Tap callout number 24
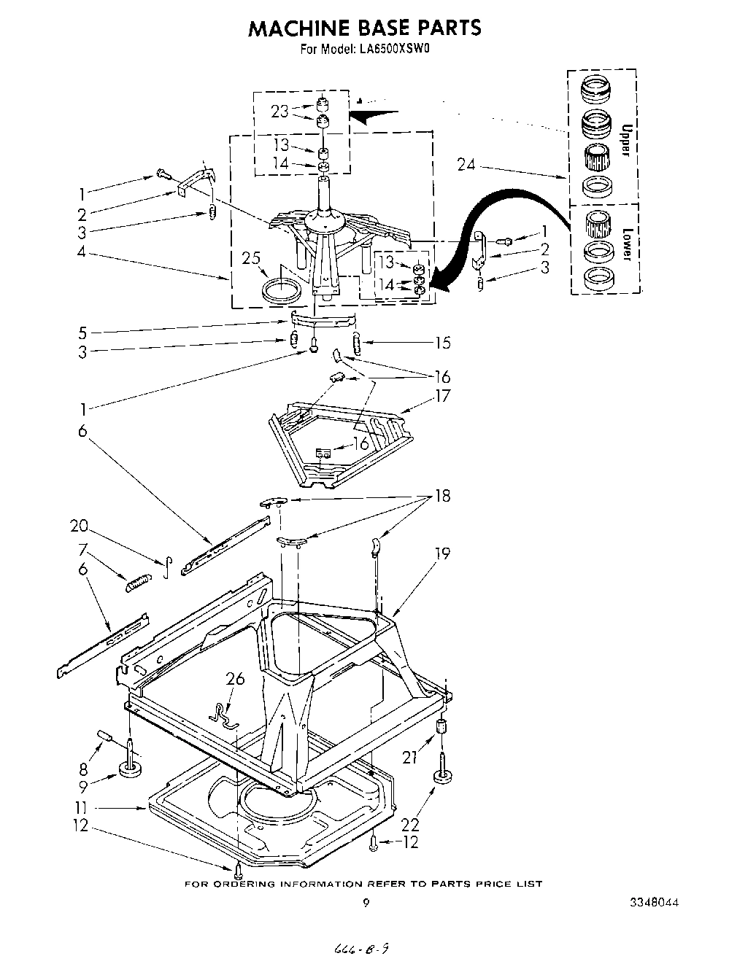(x=466, y=165)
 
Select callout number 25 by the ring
(x=252, y=259)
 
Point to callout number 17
(x=442, y=397)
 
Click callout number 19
(x=442, y=554)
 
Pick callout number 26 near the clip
(x=235, y=679)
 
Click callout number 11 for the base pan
(x=82, y=807)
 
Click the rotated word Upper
(x=625, y=141)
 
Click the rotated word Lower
(x=625, y=245)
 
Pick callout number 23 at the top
(x=279, y=112)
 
